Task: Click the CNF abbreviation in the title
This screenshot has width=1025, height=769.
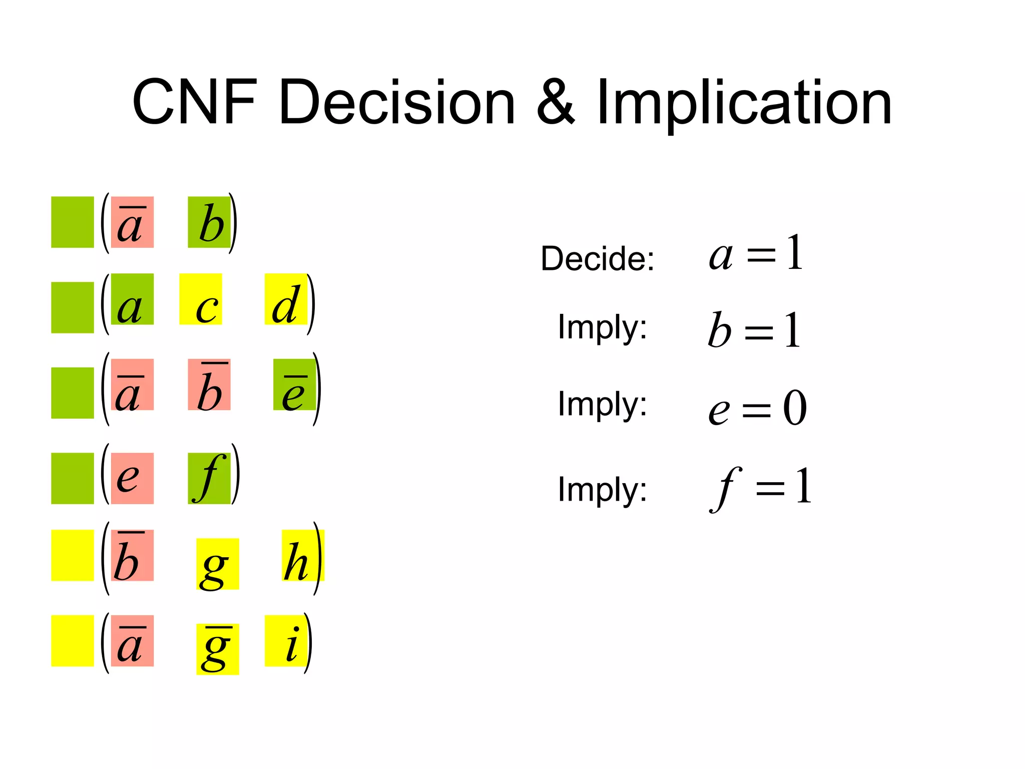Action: tap(195, 103)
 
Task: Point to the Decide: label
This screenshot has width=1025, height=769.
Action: tap(598, 258)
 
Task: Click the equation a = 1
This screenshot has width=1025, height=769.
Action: tap(756, 254)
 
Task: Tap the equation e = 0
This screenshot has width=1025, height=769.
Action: tap(757, 408)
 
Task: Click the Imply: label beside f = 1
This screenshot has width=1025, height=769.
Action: tap(603, 489)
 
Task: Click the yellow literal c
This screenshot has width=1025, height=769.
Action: tap(201, 299)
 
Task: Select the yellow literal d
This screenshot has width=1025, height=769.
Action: tap(286, 299)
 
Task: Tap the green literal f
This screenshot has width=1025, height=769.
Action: tap(209, 478)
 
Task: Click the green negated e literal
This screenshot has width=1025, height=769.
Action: tap(294, 384)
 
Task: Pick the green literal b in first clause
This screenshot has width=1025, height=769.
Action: tap(209, 222)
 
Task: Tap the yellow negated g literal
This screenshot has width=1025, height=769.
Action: tap(217, 649)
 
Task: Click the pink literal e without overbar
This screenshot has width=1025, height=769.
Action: tap(132, 478)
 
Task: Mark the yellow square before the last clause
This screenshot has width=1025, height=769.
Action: tap(73, 641)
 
